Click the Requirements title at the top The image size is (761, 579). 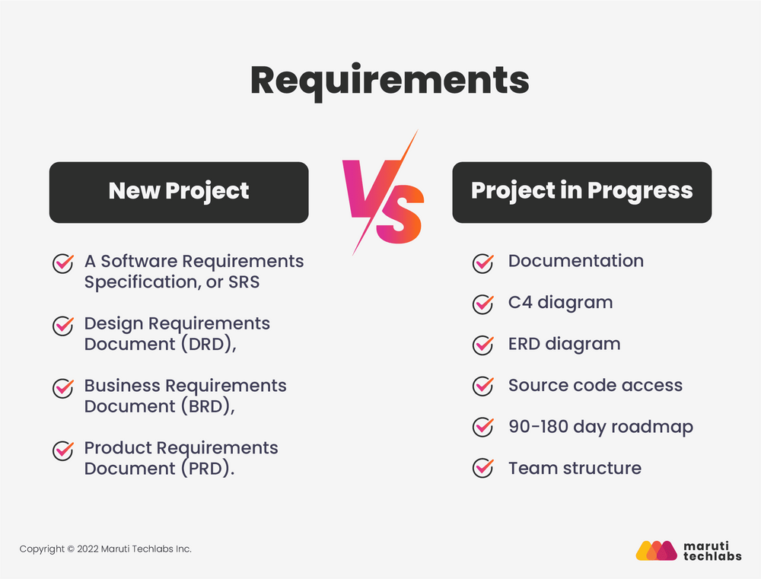click(x=389, y=81)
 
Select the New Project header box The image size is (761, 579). click(x=179, y=192)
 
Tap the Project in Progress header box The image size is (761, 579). click(x=582, y=192)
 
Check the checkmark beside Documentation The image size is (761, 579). click(x=483, y=262)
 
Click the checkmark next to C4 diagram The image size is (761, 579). click(x=483, y=304)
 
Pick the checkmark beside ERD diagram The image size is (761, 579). click(x=483, y=345)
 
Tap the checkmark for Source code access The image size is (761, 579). click(x=483, y=386)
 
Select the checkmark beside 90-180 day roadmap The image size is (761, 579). click(x=483, y=427)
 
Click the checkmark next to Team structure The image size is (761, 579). click(x=483, y=468)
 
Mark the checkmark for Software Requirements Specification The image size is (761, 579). click(x=63, y=263)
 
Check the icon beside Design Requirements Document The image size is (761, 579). click(x=63, y=326)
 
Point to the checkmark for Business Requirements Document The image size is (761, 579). click(x=63, y=388)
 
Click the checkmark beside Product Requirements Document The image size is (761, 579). click(x=63, y=450)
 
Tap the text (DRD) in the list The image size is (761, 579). click(x=205, y=344)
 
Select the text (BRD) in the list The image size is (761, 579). click(x=205, y=406)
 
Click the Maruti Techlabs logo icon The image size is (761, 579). click(x=656, y=549)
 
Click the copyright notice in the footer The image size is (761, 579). click(x=106, y=549)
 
